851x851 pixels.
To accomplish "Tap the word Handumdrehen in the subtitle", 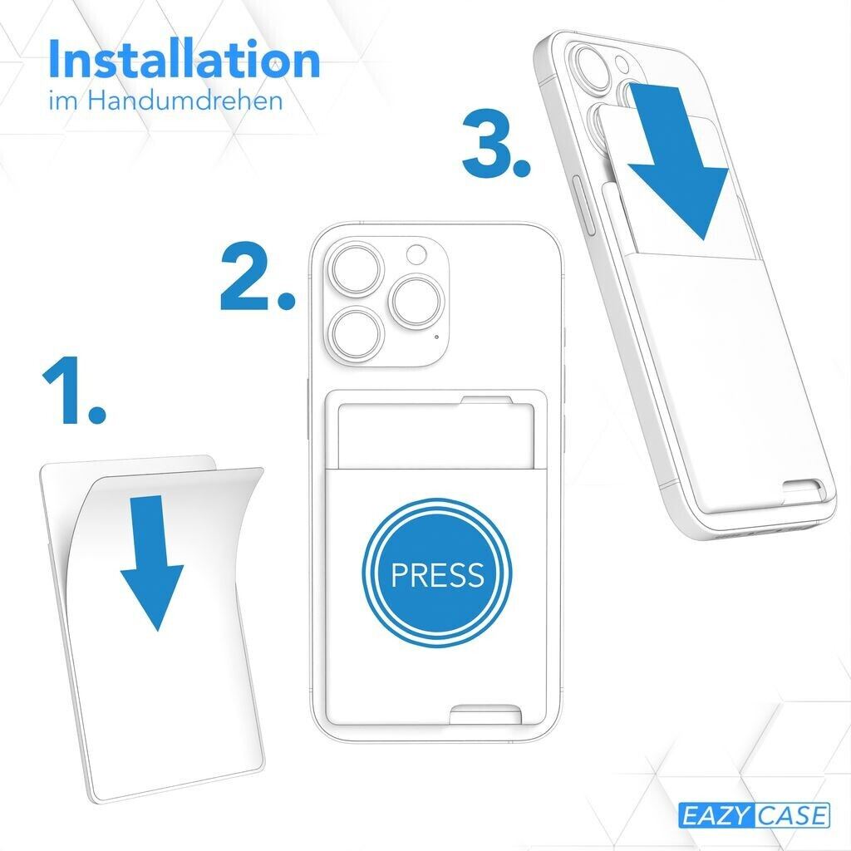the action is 185,101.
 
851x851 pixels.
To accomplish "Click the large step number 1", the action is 73,390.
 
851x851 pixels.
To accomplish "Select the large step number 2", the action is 258,276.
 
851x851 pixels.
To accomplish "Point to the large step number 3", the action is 495,143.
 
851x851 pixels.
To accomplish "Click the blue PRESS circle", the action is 437,573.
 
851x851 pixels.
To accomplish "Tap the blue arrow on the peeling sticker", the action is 152,563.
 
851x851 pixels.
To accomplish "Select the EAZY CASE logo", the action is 754,815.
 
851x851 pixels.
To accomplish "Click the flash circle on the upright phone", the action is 417,254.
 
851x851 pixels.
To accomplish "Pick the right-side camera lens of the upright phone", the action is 418,301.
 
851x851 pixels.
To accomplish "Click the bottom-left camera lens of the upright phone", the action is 357,333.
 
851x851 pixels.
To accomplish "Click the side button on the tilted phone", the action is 584,204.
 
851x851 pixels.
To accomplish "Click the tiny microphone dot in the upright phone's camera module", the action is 437,337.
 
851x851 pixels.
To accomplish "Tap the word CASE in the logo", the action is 792,815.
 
